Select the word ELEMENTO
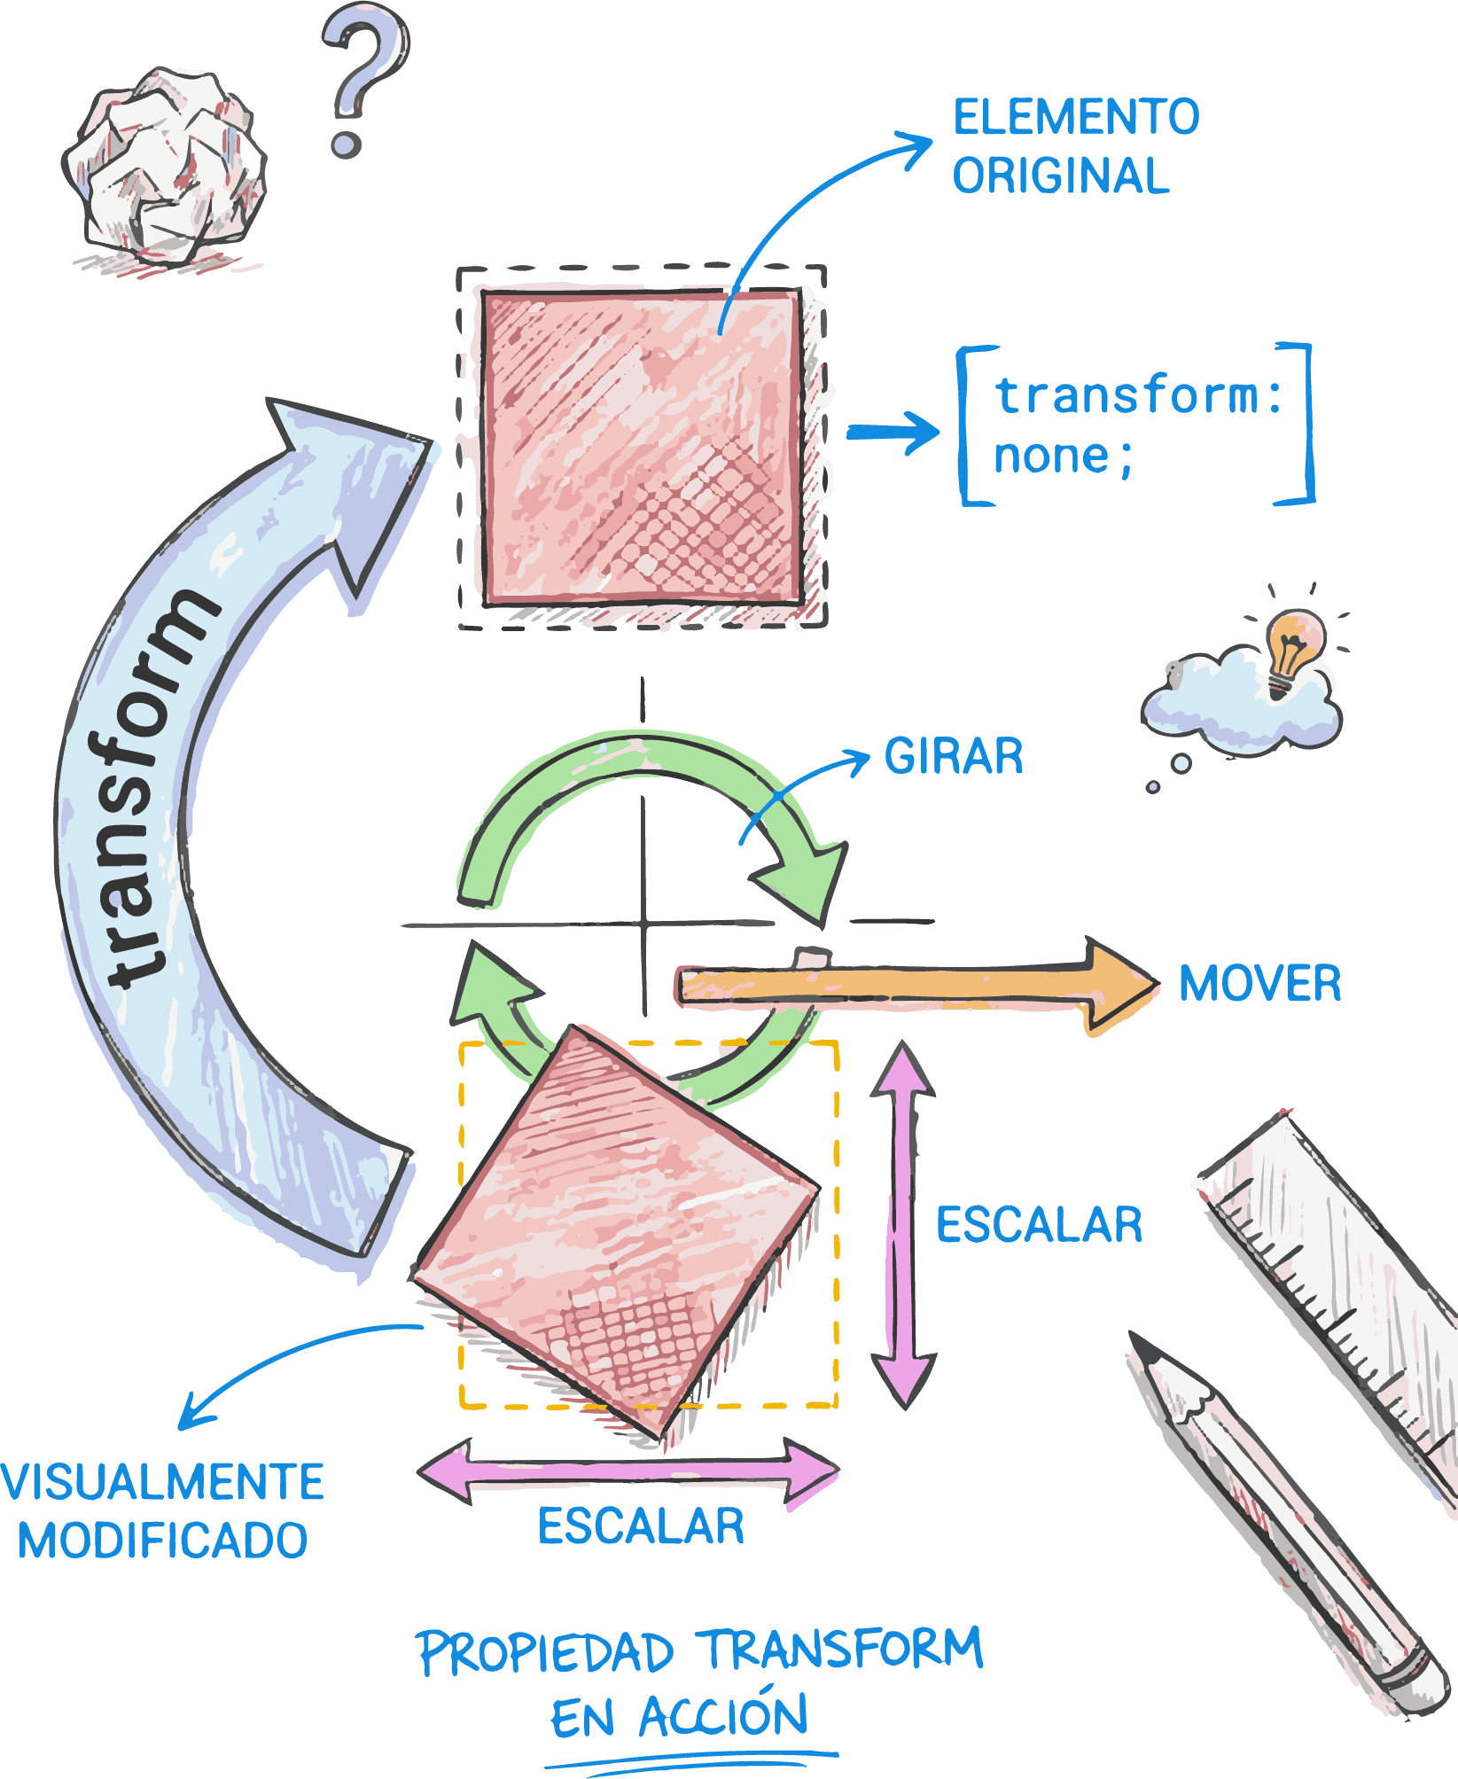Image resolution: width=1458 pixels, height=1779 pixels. (1075, 117)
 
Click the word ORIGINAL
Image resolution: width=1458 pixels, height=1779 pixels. (1060, 175)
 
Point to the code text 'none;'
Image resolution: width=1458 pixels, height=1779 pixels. (1062, 457)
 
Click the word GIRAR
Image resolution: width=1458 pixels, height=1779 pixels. (954, 756)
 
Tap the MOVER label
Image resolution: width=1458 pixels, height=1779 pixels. (1259, 983)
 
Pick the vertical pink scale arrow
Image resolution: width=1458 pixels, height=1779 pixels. (903, 1224)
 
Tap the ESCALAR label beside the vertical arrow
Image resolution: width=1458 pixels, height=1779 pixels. (1039, 1225)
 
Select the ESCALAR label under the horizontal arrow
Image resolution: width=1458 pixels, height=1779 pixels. (641, 1526)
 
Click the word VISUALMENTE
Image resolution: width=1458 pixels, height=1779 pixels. (163, 1482)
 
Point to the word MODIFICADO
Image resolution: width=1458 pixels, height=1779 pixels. (163, 1541)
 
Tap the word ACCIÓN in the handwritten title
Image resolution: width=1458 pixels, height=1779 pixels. (722, 1717)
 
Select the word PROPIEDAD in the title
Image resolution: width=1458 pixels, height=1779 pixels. (545, 1653)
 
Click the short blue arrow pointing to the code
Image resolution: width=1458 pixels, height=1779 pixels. (892, 432)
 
